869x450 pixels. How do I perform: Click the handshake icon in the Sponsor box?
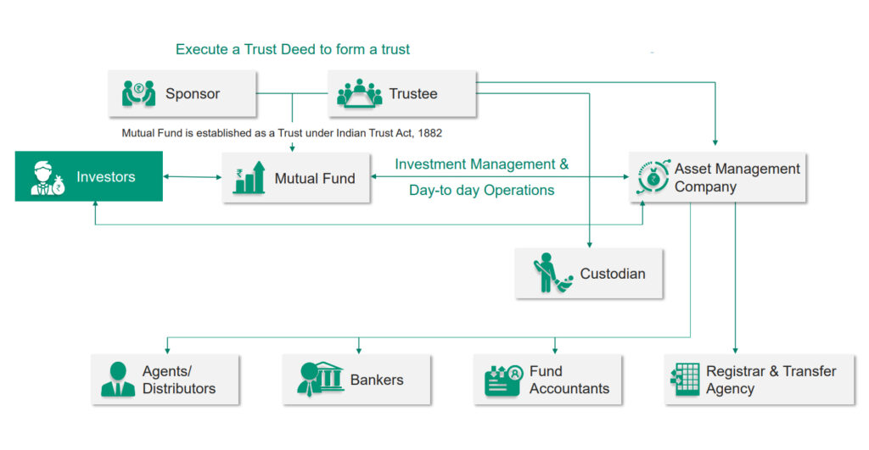click(138, 92)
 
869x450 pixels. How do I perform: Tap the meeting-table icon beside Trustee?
click(360, 92)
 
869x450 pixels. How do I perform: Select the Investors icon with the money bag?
click(48, 177)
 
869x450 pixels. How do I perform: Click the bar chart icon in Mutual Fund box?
click(249, 178)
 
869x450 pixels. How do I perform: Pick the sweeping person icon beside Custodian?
click(552, 274)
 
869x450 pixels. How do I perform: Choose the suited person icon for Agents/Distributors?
click(118, 380)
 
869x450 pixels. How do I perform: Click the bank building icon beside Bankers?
click(320, 379)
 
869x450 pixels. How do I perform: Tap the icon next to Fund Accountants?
click(502, 380)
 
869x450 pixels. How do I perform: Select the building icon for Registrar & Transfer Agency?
click(683, 380)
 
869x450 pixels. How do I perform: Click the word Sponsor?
click(193, 93)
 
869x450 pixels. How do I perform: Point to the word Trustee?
click(413, 93)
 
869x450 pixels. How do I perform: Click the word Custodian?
click(613, 274)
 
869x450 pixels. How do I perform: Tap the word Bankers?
click(377, 380)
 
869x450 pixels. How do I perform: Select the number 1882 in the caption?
click(429, 133)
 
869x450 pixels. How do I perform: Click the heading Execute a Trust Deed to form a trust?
click(293, 49)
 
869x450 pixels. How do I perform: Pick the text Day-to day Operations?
click(481, 190)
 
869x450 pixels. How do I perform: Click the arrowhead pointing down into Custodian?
click(589, 244)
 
